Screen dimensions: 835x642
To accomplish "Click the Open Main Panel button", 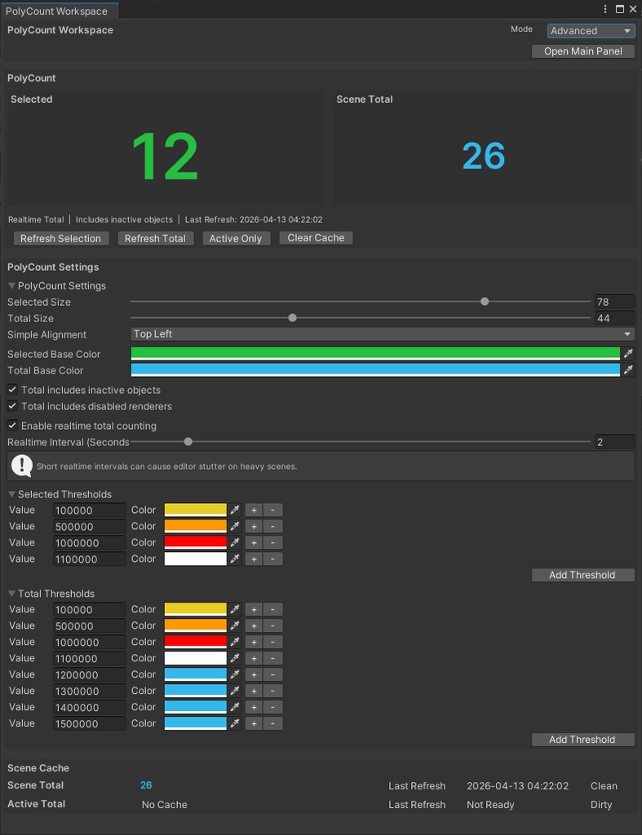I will pyautogui.click(x=583, y=51).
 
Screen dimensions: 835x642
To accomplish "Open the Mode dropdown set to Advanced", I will pyautogui.click(x=591, y=31).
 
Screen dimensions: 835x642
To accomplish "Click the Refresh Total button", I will pyautogui.click(x=155, y=238).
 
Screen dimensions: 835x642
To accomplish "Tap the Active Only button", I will pyautogui.click(x=235, y=238).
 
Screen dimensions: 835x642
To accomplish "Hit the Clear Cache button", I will pyautogui.click(x=316, y=238).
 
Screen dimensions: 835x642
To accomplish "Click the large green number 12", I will pyautogui.click(x=165, y=157).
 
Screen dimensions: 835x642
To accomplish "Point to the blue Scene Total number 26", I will pyautogui.click(x=484, y=156).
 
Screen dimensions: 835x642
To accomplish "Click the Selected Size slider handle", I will pyautogui.click(x=485, y=302).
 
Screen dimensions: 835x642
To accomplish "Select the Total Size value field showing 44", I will pyautogui.click(x=614, y=318).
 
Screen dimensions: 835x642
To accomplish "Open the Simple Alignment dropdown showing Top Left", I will pyautogui.click(x=382, y=334).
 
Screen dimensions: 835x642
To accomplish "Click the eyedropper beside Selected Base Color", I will pyautogui.click(x=628, y=354).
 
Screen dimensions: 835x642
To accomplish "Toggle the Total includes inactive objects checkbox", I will pyautogui.click(x=12, y=390).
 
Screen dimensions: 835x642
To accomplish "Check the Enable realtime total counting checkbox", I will pyautogui.click(x=12, y=426).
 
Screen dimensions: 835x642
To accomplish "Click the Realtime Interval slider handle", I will pyautogui.click(x=188, y=442).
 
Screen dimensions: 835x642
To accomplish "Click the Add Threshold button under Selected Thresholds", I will pyautogui.click(x=582, y=575).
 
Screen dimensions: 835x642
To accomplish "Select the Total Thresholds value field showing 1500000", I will pyautogui.click(x=89, y=724).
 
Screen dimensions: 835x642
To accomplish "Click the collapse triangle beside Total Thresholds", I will pyautogui.click(x=12, y=594).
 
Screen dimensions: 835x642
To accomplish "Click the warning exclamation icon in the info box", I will pyautogui.click(x=22, y=466).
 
